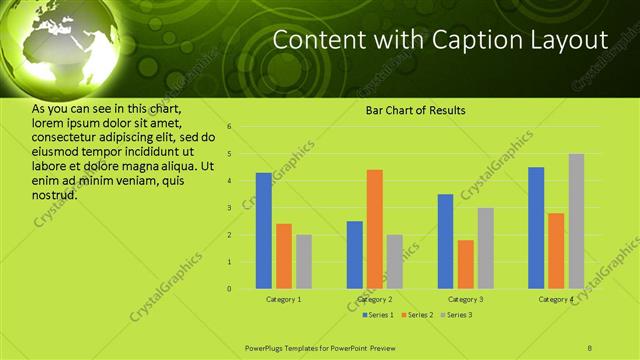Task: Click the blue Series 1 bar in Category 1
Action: pos(264,231)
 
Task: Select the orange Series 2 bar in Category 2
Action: pos(375,229)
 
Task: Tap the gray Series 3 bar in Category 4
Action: pos(576,221)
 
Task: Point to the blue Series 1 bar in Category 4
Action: pos(536,228)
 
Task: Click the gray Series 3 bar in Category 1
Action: pos(304,262)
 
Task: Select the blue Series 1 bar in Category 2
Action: pos(355,255)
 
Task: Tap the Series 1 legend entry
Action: pos(378,315)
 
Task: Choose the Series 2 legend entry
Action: pos(417,315)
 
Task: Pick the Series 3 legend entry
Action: pos(456,315)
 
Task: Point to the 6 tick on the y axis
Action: pos(229,127)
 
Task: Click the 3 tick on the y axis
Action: pos(229,208)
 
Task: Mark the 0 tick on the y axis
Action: pos(229,289)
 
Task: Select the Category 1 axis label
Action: pos(284,299)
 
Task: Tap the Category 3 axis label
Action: pos(466,299)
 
